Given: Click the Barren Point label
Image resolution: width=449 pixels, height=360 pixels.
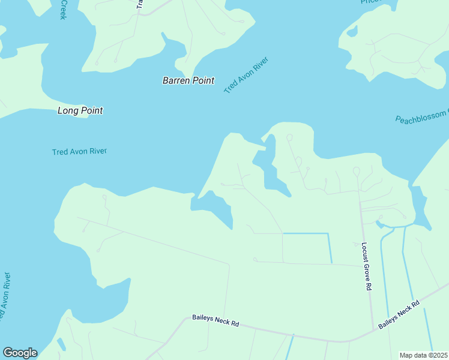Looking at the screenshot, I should click(x=188, y=80).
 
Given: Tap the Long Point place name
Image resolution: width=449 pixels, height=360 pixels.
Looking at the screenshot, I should click(x=80, y=110).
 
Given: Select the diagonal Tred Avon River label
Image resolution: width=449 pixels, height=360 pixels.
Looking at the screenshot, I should click(x=246, y=75).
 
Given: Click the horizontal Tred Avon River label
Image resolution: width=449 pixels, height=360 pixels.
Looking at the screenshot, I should click(x=79, y=151).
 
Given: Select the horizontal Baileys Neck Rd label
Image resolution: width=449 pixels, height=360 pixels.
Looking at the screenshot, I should click(x=215, y=320).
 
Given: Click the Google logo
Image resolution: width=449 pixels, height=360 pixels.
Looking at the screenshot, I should click(x=20, y=353).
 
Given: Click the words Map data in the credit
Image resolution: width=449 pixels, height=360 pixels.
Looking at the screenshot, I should click(x=414, y=355).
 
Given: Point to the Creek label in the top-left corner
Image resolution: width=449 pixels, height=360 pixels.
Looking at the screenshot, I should click(x=62, y=10).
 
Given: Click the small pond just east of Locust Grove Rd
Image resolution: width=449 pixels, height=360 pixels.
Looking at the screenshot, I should click(x=379, y=224).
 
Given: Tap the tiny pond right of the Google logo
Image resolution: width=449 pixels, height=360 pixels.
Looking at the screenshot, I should click(x=61, y=344).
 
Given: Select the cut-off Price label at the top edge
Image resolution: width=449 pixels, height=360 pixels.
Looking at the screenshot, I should click(x=370, y=2).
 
